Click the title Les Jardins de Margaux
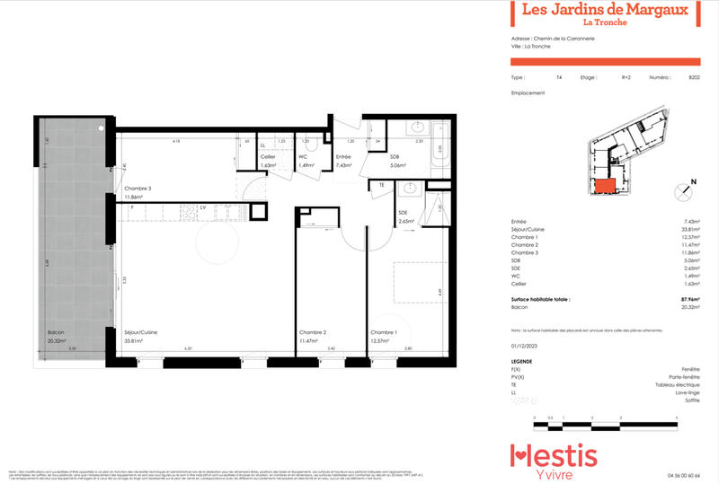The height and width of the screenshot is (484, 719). point(605,10)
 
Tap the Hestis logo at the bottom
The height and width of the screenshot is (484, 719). point(553,458)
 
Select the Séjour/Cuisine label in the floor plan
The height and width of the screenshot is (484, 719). point(142,332)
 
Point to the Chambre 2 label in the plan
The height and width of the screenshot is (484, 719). point(312,332)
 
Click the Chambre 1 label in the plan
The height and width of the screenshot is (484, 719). point(384,332)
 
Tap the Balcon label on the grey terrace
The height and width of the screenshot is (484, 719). point(57,332)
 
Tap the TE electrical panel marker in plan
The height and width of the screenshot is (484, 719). point(381,185)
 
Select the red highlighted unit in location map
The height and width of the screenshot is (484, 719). point(603,186)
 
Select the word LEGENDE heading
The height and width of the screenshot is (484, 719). point(521,361)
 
